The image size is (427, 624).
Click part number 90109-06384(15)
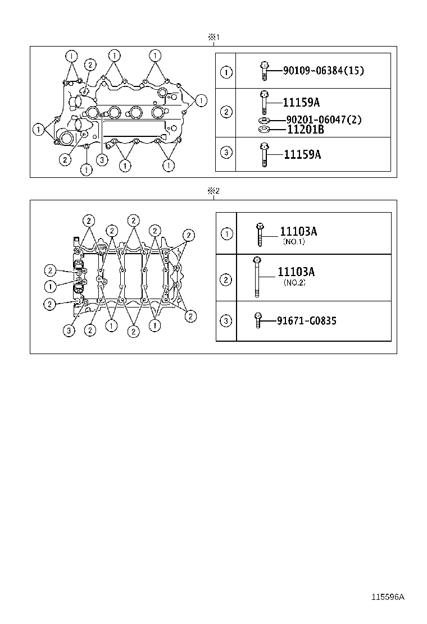tap(324, 71)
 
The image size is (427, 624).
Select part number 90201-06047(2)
tap(324, 120)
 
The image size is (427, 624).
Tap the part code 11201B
tap(306, 130)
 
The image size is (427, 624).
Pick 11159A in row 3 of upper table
tap(302, 154)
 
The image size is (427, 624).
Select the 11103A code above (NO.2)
tap(296, 272)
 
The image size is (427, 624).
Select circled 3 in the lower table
tap(226, 321)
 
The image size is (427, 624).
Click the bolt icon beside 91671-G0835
tap(258, 320)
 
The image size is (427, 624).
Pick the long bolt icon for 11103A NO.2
tap(257, 277)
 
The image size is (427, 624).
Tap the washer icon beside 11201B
tap(262, 131)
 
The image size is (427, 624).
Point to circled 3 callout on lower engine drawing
tap(69, 331)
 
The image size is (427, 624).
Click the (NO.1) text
tap(293, 242)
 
